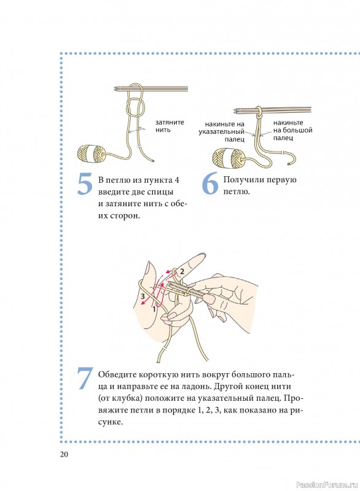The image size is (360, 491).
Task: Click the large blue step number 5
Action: [x=85, y=184]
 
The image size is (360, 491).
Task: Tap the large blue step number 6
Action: [x=210, y=184]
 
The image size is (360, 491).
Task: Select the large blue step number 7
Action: [x=85, y=378]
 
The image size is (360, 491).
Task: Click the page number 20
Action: [x=64, y=454]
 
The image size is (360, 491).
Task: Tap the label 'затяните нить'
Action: [x=170, y=126]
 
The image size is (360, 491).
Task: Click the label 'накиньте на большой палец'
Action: [x=292, y=130]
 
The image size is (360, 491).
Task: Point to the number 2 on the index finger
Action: [x=181, y=271]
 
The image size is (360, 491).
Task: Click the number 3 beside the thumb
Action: [x=143, y=296]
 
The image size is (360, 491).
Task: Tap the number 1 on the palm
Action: [x=154, y=309]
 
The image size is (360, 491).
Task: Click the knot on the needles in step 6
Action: [x=259, y=112]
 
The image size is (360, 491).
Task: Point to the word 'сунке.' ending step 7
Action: [x=111, y=422]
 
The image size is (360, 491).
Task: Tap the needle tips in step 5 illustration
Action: [x=117, y=89]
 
